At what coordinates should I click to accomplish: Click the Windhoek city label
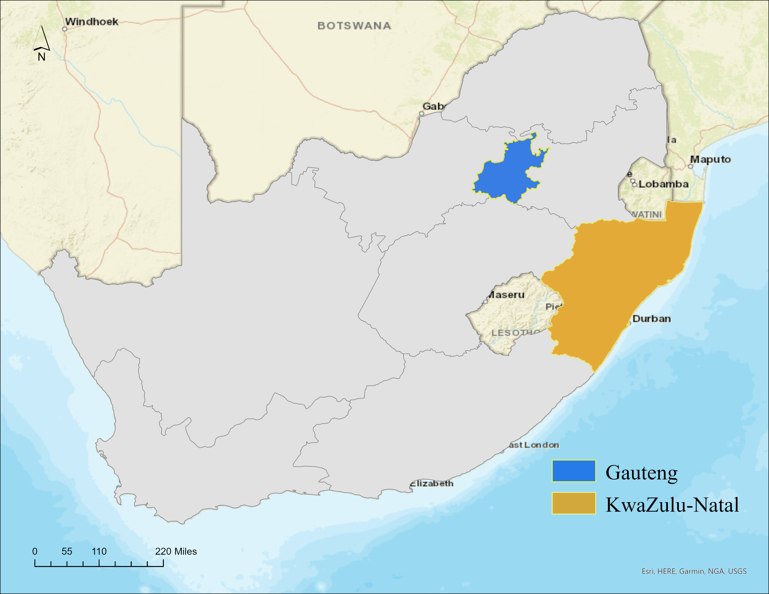tap(92, 22)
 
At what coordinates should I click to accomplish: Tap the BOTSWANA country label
tap(354, 26)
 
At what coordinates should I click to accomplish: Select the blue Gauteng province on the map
tap(507, 172)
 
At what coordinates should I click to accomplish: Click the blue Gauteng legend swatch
tap(573, 471)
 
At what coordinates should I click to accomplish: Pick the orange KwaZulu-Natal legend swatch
tap(573, 503)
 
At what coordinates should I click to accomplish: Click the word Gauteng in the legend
tap(642, 473)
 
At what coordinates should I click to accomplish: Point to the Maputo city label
tap(710, 159)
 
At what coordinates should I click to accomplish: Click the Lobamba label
tap(663, 184)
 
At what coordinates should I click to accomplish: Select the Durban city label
tap(651, 319)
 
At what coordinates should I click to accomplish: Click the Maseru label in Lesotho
tap(506, 295)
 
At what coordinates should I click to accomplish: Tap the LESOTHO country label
tap(514, 333)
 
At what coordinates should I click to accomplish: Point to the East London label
tap(532, 445)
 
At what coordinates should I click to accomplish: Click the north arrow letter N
tap(41, 57)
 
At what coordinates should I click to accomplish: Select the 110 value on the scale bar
tap(99, 551)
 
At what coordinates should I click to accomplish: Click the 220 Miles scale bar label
tap(176, 551)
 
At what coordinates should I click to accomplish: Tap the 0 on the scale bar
tap(35, 551)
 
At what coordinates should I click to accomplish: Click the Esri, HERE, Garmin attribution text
tap(694, 571)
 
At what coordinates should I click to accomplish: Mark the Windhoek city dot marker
tap(65, 29)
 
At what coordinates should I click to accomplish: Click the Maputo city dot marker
tap(690, 167)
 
